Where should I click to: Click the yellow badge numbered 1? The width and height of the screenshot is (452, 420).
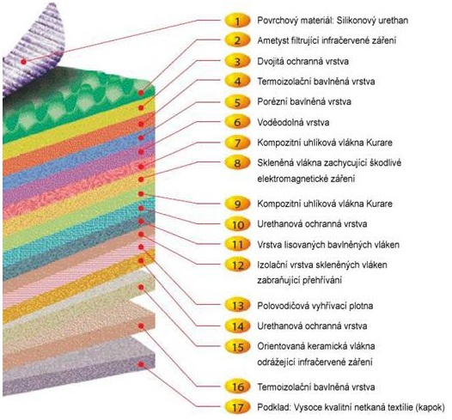tap(237, 21)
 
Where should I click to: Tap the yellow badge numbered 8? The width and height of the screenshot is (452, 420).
tap(237, 162)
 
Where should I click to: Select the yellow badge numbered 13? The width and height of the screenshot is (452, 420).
tap(237, 306)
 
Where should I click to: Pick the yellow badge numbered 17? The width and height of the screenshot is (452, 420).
tap(237, 407)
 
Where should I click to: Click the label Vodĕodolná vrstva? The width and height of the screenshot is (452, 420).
tap(293, 122)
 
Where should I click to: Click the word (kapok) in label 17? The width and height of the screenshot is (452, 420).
tap(431, 407)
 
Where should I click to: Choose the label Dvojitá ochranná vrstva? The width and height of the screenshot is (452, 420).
tap(303, 61)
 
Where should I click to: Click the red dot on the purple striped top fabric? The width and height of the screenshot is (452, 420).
tap(24, 61)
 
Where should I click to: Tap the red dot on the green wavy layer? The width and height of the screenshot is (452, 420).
tap(141, 93)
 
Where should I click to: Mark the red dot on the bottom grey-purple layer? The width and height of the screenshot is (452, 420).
tap(141, 364)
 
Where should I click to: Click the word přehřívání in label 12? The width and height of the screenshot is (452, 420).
tap(322, 280)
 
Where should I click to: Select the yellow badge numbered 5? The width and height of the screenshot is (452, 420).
tap(237, 102)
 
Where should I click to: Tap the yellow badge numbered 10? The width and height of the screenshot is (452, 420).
tap(237, 224)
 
